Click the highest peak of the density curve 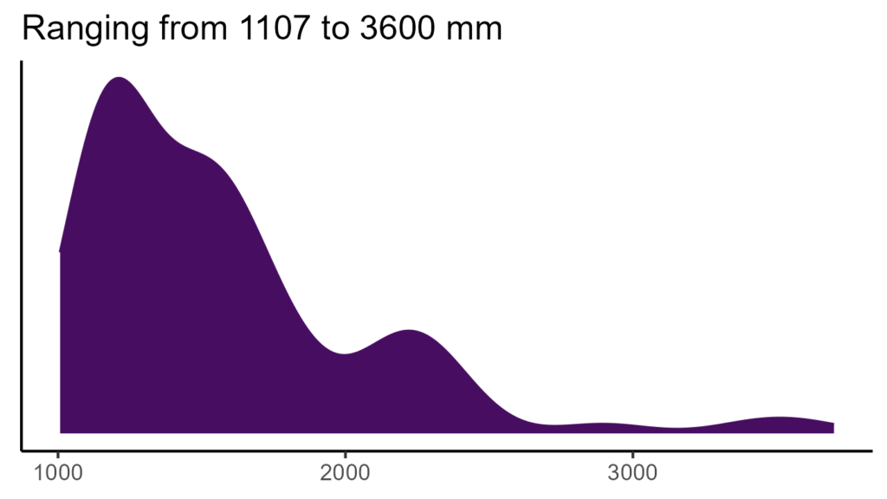pos(119,78)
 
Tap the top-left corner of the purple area pos(61,251)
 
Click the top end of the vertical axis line pos(22,62)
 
